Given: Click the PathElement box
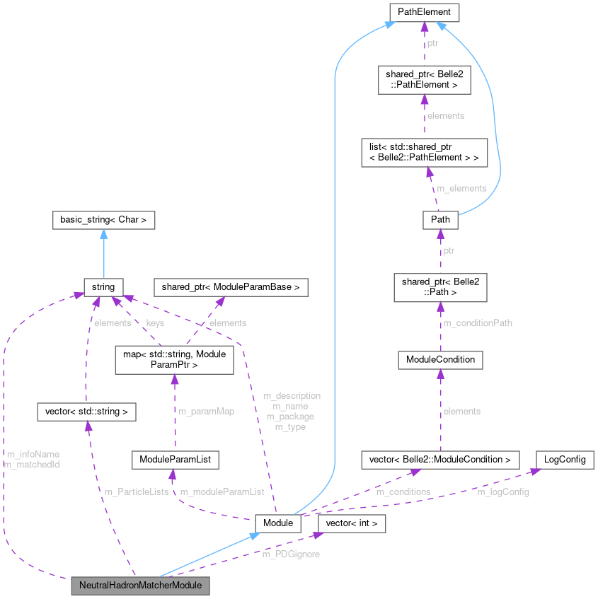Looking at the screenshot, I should click(424, 12).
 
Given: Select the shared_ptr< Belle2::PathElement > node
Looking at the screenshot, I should click(424, 79).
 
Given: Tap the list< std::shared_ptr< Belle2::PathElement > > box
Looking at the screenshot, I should click(424, 152).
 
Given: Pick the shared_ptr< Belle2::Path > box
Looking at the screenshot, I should click(440, 286).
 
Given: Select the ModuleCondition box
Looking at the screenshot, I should click(440, 360).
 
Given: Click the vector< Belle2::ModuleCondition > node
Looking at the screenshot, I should click(440, 460).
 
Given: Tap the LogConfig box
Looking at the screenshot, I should click(564, 460).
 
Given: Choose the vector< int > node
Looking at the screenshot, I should click(352, 523).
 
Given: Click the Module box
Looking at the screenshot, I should click(277, 523).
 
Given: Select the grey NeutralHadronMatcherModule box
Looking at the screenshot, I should click(140, 586).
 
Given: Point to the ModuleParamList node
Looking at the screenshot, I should click(175, 460).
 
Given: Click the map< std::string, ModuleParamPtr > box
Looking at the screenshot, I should click(173, 360).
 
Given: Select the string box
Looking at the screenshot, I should click(103, 286).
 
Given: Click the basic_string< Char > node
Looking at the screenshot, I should click(103, 220).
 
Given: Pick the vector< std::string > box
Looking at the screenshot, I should click(86, 410).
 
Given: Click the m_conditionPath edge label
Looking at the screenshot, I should click(477, 323).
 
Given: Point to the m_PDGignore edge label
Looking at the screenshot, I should click(290, 554).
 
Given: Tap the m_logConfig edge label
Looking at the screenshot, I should click(502, 492).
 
